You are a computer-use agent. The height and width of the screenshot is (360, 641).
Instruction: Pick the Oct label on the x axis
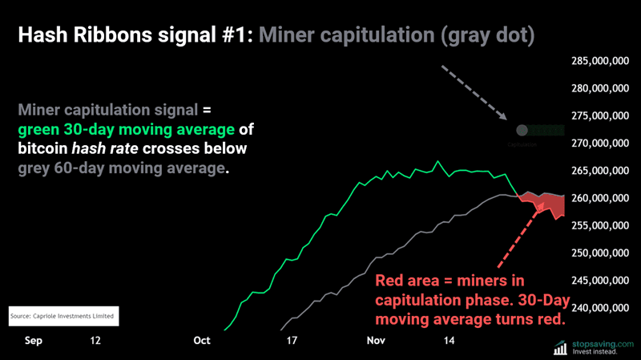202,340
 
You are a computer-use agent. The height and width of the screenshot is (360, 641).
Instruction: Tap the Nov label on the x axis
375,340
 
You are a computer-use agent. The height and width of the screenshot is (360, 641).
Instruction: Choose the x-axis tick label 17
292,340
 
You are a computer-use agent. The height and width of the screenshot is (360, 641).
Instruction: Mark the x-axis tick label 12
96,340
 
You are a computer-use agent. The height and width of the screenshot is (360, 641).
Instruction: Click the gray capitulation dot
522,130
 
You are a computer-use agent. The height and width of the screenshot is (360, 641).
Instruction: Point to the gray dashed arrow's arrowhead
506,119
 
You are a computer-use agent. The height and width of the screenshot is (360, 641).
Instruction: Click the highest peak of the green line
437,162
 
